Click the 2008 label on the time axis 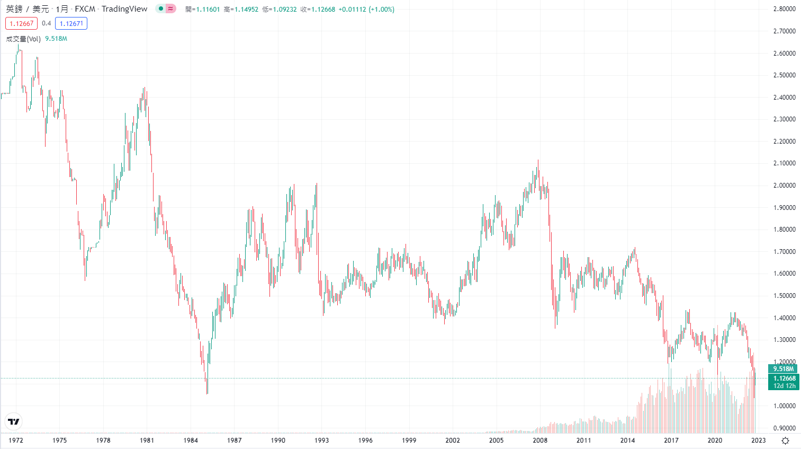pos(540,441)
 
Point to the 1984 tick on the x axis pos(191,441)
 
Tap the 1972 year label pos(16,441)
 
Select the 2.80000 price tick pos(784,9)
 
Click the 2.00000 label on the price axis pos(784,186)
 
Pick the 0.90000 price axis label pos(784,428)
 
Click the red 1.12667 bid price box pos(22,23)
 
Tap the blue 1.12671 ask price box pos(71,23)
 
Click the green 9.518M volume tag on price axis pos(784,369)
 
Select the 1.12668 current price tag pos(784,378)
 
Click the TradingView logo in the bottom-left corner pos(14,421)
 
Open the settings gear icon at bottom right pos(786,441)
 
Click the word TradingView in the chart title pos(124,9)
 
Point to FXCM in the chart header pos(85,9)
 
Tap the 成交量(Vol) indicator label pos(23,39)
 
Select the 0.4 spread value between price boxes pos(47,23)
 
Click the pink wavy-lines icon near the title pos(170,8)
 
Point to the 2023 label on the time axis pos(759,441)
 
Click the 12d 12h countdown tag pos(784,386)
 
